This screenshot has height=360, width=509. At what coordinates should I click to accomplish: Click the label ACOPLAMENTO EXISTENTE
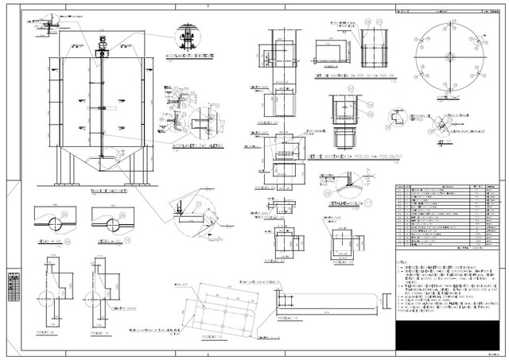coord(188,58)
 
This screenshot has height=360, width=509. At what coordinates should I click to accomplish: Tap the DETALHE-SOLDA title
coord(344,203)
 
